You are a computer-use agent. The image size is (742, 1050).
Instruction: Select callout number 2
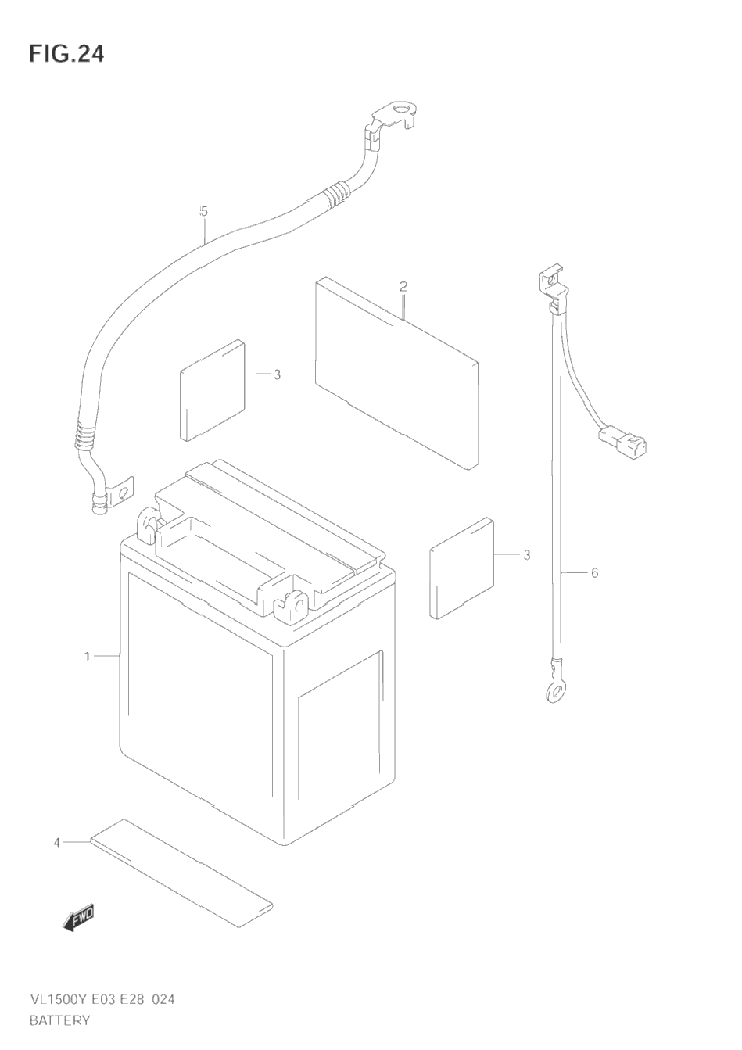403,287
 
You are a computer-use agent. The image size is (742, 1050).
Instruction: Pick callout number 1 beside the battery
88,656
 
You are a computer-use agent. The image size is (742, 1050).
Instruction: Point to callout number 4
56,842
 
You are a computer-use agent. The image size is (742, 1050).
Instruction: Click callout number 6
594,573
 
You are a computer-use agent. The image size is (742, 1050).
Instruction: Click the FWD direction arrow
79,918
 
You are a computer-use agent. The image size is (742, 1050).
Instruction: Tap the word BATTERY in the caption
59,1020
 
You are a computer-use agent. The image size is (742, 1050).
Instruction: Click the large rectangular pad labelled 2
395,371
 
